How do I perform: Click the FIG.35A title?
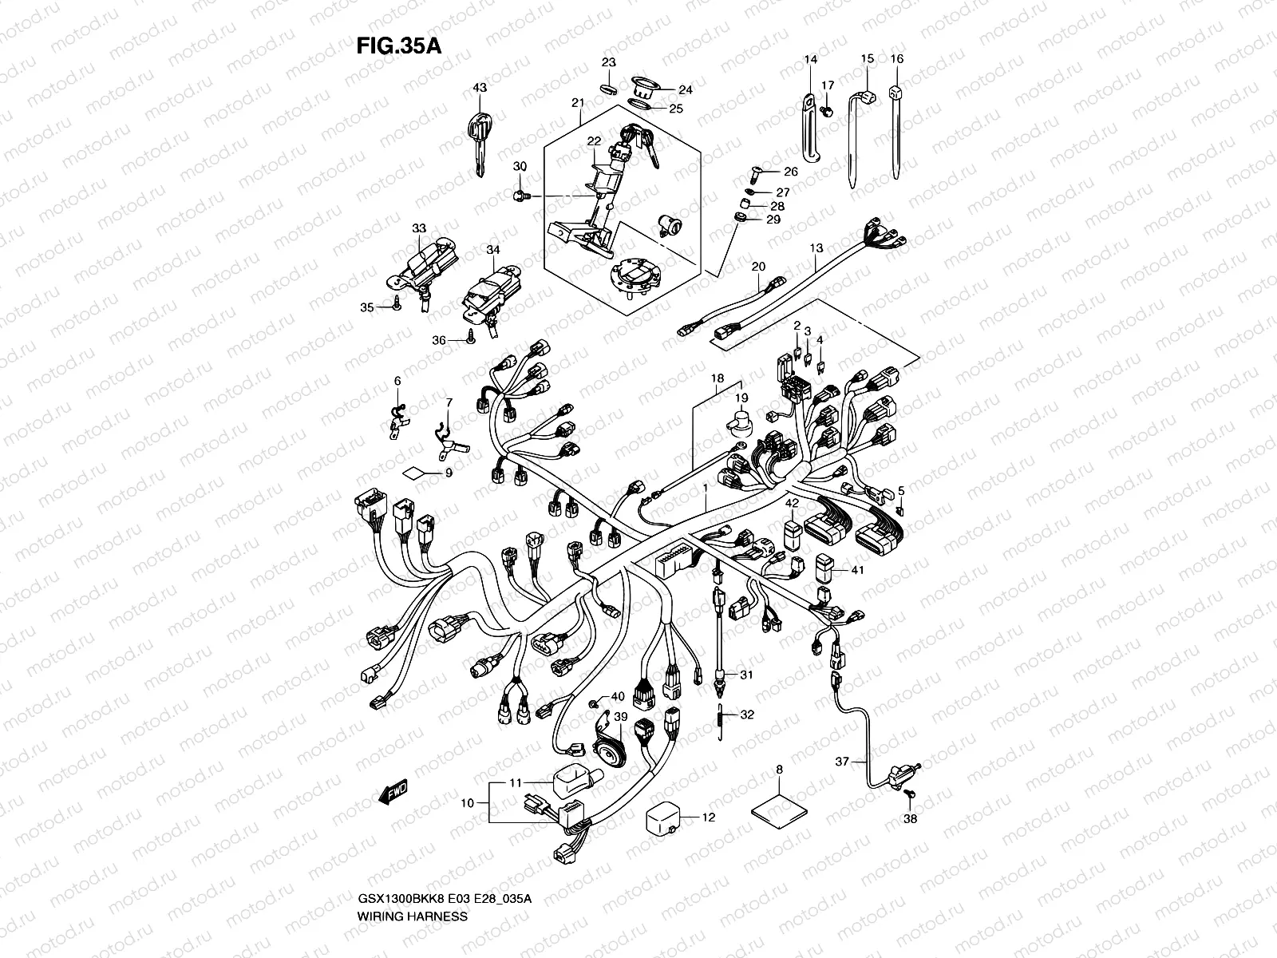(x=398, y=46)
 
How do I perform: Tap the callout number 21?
(x=578, y=102)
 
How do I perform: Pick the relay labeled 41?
(x=824, y=568)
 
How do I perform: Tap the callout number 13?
(x=816, y=248)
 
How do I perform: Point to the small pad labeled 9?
(x=414, y=473)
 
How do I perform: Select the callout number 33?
(x=419, y=228)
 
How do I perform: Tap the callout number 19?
(x=741, y=398)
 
